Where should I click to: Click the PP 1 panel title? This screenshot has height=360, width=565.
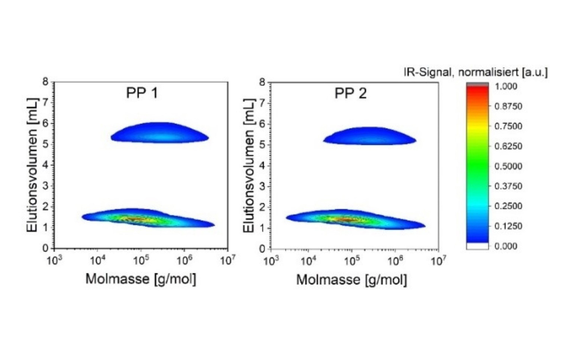142,93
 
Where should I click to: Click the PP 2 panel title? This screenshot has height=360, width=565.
350,93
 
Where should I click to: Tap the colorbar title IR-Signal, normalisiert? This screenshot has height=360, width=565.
475,72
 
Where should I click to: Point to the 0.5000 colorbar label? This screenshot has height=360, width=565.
508,166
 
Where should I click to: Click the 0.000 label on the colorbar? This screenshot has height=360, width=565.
506,246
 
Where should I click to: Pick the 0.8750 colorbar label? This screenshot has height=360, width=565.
508,106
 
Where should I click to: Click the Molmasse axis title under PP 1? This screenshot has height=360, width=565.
141,279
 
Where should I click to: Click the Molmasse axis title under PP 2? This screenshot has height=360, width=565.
351,280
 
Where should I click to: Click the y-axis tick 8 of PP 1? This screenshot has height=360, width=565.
45,82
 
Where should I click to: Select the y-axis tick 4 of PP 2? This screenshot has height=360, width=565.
262,165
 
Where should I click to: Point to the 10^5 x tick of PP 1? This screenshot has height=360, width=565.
141,261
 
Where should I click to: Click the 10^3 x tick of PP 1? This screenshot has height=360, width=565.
54,261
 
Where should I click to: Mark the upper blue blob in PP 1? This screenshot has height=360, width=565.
159,133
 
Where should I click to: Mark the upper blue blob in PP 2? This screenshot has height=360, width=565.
370,136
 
